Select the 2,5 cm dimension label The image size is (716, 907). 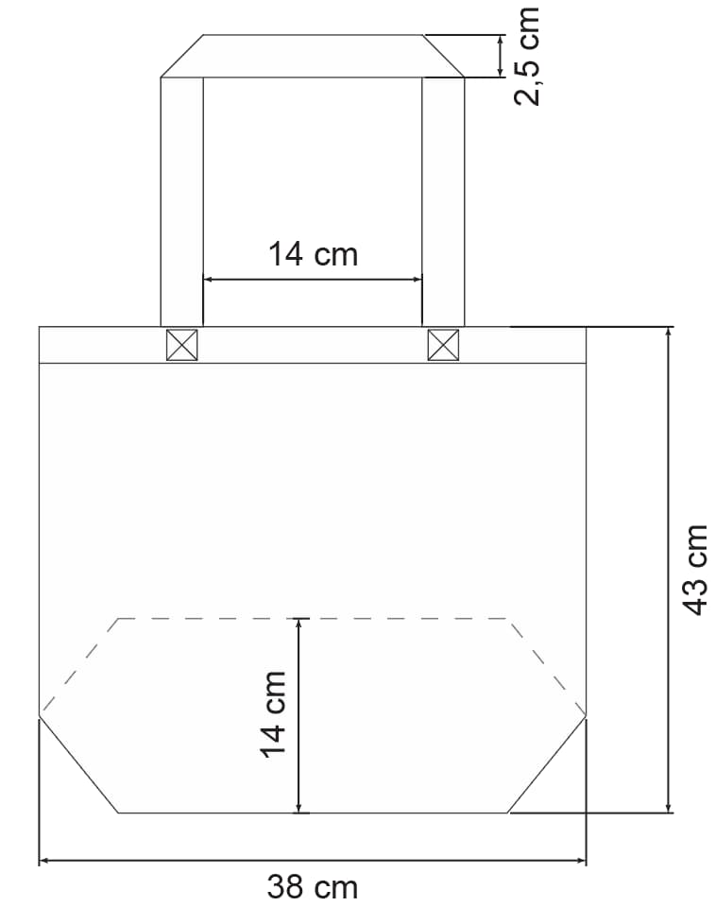(526, 56)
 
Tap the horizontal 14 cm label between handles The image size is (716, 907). (313, 254)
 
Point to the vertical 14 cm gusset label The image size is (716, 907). (273, 714)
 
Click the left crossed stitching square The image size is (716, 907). (181, 345)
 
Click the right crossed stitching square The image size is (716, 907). (443, 345)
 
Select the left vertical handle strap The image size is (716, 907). (181, 201)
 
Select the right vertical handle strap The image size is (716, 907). (443, 201)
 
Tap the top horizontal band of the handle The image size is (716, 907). (313, 56)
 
